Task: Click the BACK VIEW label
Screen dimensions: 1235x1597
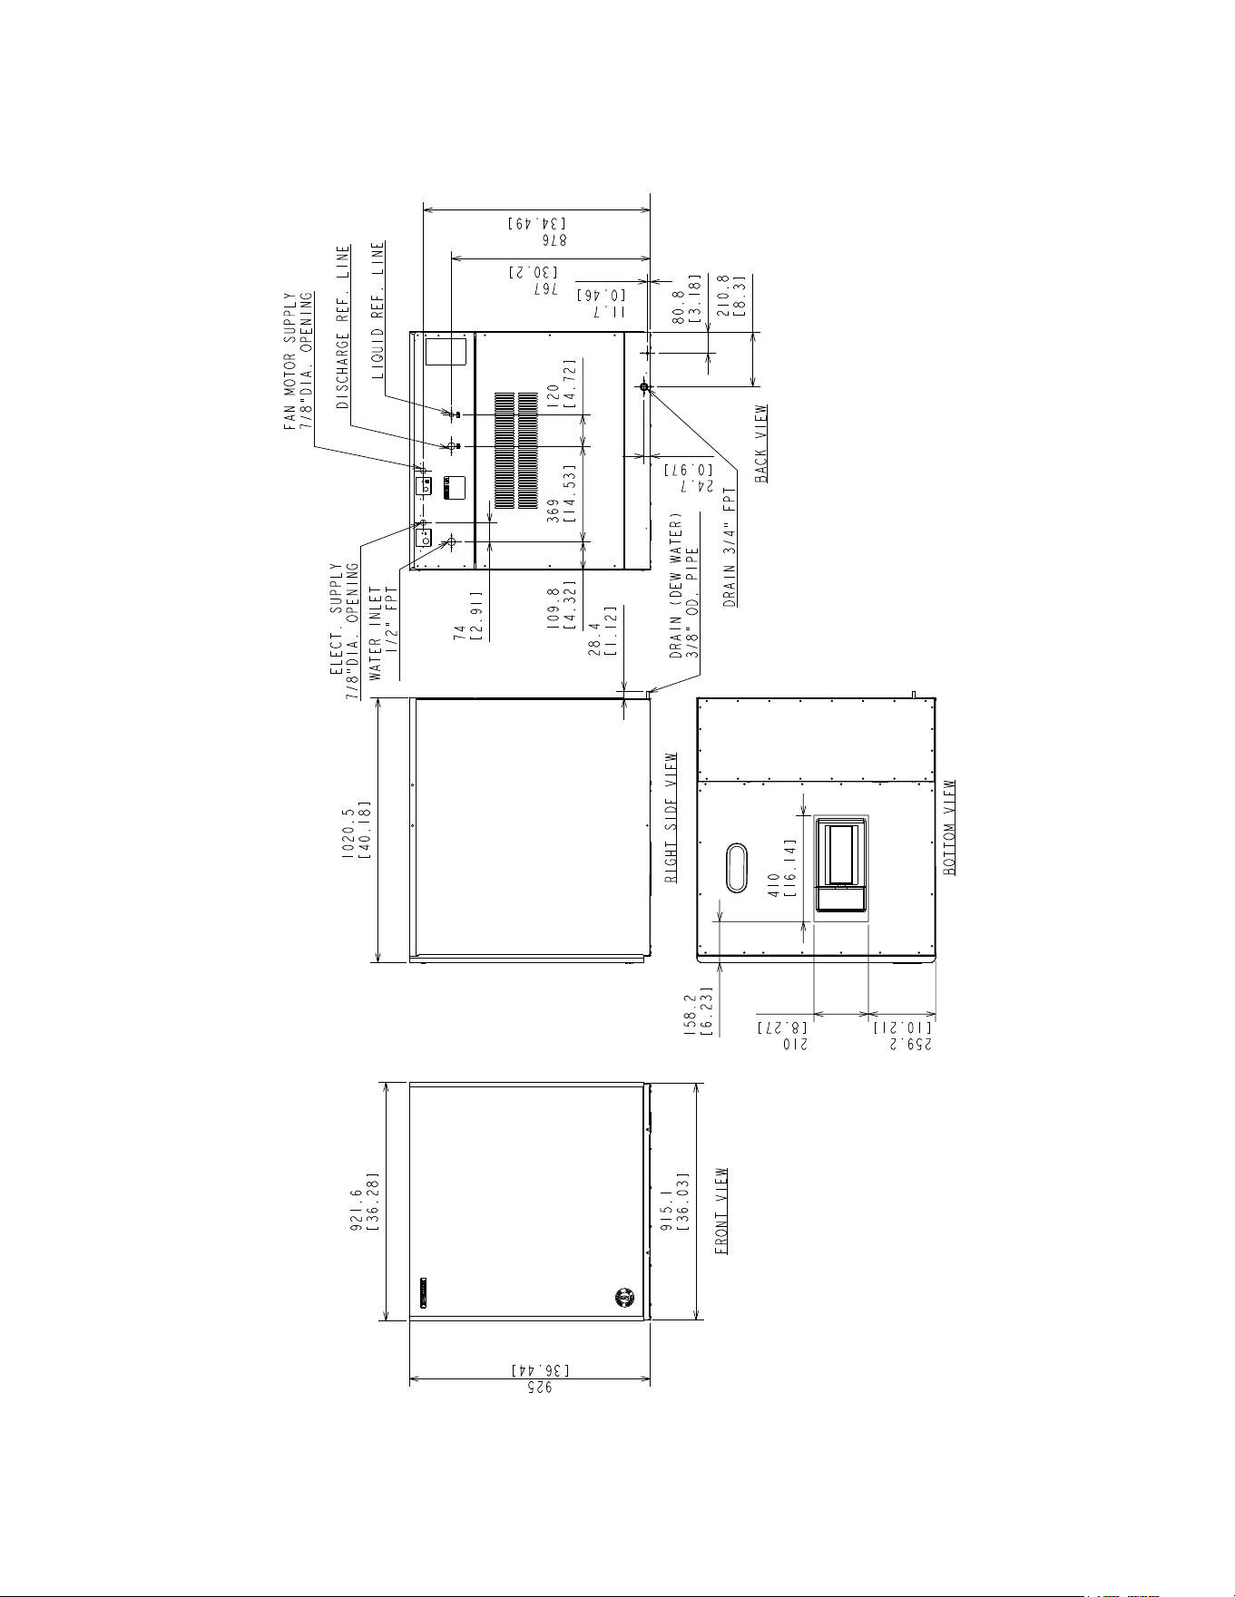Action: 760,443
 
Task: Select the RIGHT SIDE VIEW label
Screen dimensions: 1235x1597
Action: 672,817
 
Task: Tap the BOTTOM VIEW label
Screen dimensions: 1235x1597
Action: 949,827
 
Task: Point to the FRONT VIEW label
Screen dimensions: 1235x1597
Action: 722,1211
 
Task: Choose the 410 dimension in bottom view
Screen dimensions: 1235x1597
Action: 774,882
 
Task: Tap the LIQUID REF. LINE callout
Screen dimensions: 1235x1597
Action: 377,309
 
